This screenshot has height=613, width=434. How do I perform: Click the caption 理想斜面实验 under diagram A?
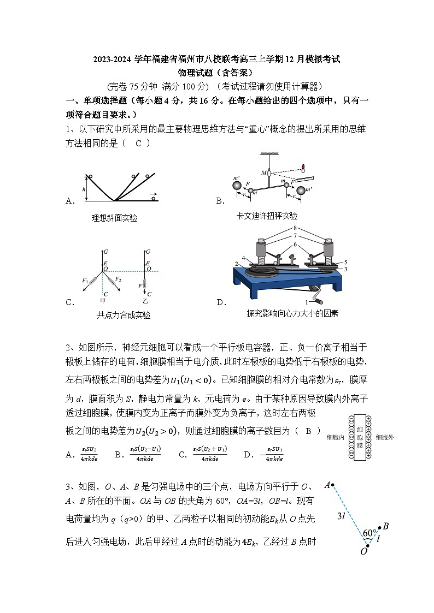[114, 218]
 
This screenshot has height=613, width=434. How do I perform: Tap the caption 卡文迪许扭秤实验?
[267, 216]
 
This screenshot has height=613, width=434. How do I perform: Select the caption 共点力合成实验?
[124, 315]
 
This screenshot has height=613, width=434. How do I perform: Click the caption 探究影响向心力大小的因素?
[292, 313]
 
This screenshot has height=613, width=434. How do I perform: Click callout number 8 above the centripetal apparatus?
[295, 228]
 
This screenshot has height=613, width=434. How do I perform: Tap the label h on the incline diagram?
[84, 189]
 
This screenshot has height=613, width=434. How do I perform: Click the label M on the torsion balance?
[263, 173]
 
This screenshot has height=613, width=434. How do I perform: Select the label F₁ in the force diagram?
[85, 281]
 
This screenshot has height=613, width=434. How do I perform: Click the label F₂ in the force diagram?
[118, 280]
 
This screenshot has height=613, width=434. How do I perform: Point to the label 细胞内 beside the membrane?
[335, 437]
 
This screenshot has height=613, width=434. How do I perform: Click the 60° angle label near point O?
[370, 533]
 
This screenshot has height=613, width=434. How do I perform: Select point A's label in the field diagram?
[327, 485]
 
